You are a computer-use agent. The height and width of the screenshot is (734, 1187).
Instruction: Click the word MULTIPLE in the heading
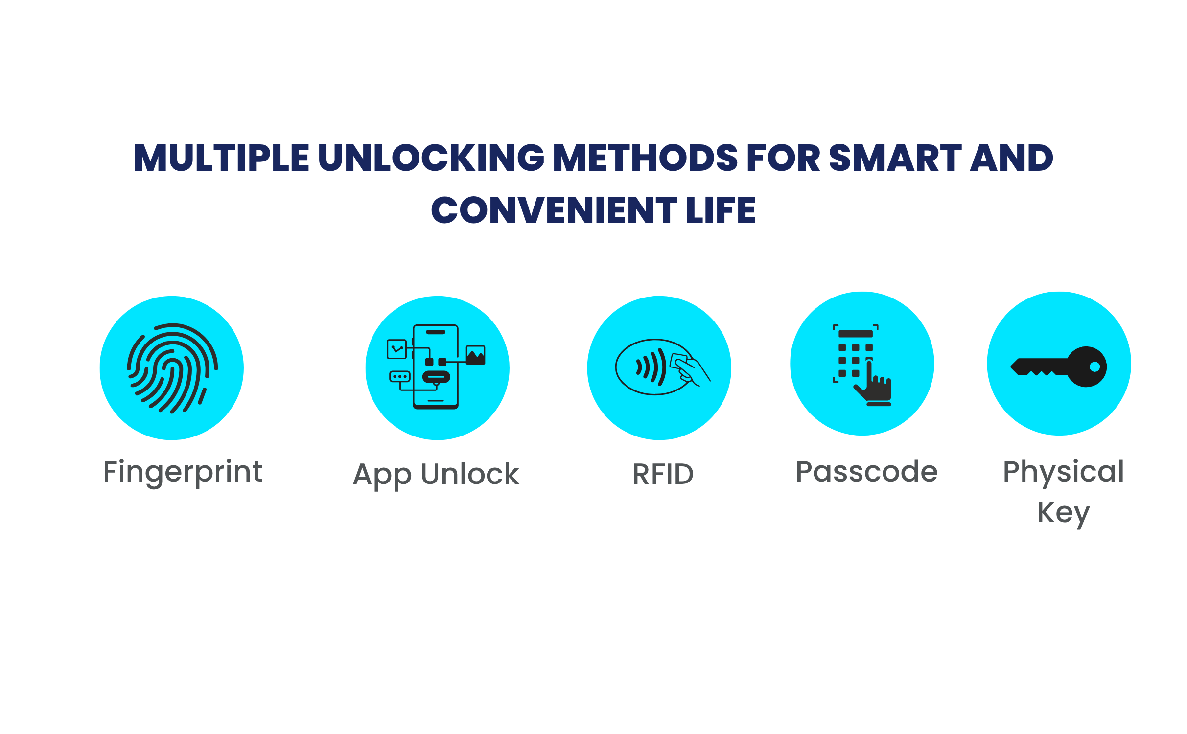[x=221, y=158]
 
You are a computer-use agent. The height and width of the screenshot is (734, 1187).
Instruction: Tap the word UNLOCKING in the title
[x=431, y=158]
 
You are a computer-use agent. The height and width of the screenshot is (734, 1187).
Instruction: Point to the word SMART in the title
[x=895, y=158]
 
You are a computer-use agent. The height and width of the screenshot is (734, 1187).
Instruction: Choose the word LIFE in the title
[x=721, y=210]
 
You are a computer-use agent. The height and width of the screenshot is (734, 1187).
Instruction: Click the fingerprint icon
[x=172, y=368]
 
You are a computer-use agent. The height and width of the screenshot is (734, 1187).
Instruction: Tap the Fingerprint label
[x=183, y=473]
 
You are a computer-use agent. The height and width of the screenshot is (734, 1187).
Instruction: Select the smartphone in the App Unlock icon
[x=436, y=367]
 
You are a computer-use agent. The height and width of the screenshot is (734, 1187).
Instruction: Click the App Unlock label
[x=436, y=475]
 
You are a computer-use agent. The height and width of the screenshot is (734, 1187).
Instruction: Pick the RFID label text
[x=663, y=474]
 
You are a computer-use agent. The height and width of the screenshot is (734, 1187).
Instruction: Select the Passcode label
[x=867, y=472]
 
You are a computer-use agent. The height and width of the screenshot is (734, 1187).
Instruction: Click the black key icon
[x=1059, y=367]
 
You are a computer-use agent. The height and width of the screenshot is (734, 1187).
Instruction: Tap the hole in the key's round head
[x=1095, y=367]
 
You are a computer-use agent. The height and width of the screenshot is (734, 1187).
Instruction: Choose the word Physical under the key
[x=1064, y=473]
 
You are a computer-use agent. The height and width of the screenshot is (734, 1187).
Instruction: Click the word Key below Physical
[x=1064, y=514]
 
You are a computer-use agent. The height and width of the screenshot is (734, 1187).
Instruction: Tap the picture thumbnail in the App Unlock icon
[x=475, y=355]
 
